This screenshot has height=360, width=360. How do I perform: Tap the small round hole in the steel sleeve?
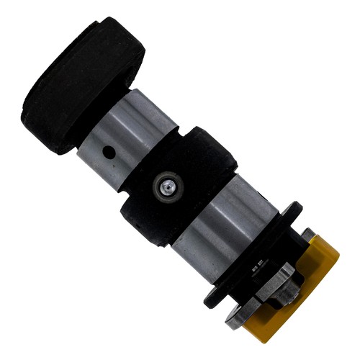coord(108,153)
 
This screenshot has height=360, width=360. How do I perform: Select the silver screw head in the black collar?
coord(166,187)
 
